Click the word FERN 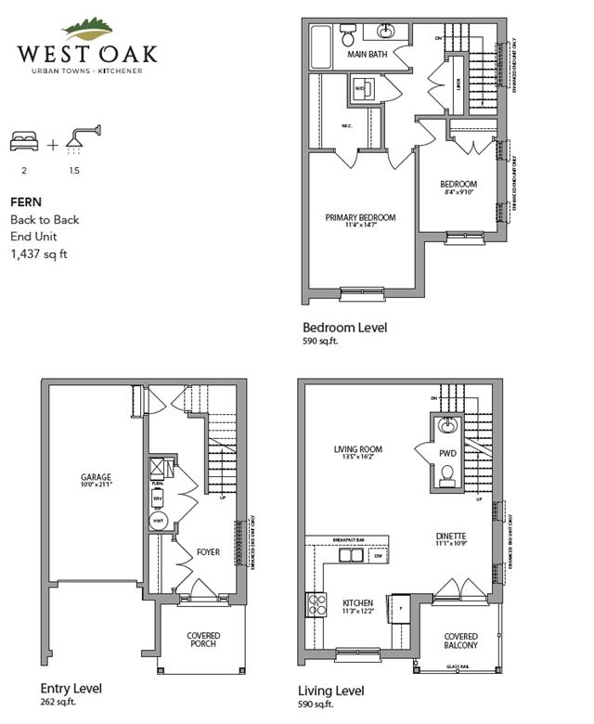point(25,201)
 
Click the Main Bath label point(368,55)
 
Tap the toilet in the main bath point(348,36)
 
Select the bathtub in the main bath point(320,43)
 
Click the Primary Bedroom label point(360,217)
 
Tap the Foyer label point(208,552)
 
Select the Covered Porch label point(203,640)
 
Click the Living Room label point(358,450)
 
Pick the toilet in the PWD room point(445,475)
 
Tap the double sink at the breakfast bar point(351,556)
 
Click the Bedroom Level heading point(345,327)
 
